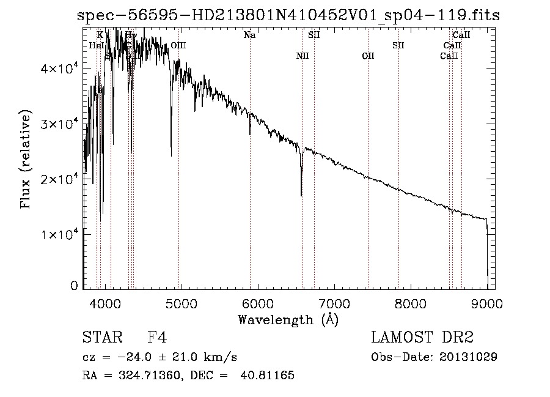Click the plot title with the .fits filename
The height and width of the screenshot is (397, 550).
tap(288, 16)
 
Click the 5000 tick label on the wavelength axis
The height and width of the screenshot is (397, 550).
tap(181, 303)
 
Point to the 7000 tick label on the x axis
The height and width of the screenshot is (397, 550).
tap(334, 303)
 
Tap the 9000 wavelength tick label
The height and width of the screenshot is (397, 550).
tap(487, 303)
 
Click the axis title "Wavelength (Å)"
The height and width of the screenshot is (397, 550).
tap(288, 319)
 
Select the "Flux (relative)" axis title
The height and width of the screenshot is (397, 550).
tap(26, 160)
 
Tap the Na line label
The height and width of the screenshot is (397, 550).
tap(249, 35)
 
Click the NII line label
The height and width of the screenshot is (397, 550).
tap(302, 56)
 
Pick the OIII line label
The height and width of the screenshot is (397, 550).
tap(178, 46)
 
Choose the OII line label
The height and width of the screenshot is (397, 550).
tap(368, 56)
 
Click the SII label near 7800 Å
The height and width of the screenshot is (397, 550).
tap(398, 46)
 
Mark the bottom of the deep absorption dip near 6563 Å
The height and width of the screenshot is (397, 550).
tap(301, 195)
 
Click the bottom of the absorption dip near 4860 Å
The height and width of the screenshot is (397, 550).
tap(171, 155)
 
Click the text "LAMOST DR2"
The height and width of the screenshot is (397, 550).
tap(422, 338)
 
